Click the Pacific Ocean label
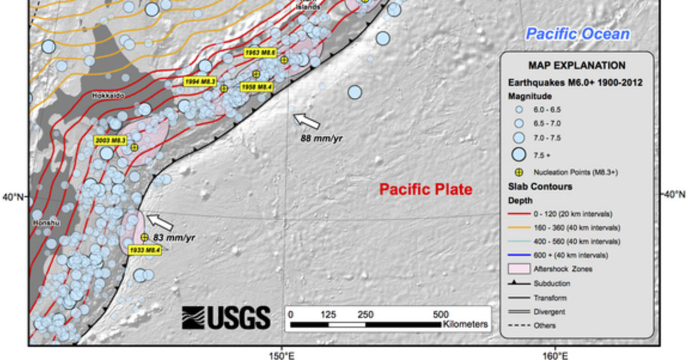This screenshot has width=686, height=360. click(578, 34)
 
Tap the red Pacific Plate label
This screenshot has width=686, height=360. click(426, 189)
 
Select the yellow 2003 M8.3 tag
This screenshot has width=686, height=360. click(110, 140)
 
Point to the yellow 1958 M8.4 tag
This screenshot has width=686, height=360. click(256, 87)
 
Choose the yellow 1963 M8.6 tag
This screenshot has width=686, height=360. click(260, 53)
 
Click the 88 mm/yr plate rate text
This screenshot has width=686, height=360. click(321, 138)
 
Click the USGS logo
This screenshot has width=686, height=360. click(226, 318)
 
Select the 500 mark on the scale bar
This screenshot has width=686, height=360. click(441, 314)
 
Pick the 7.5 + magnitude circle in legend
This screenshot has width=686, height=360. click(519, 154)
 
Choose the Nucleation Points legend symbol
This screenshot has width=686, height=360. click(519, 171)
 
